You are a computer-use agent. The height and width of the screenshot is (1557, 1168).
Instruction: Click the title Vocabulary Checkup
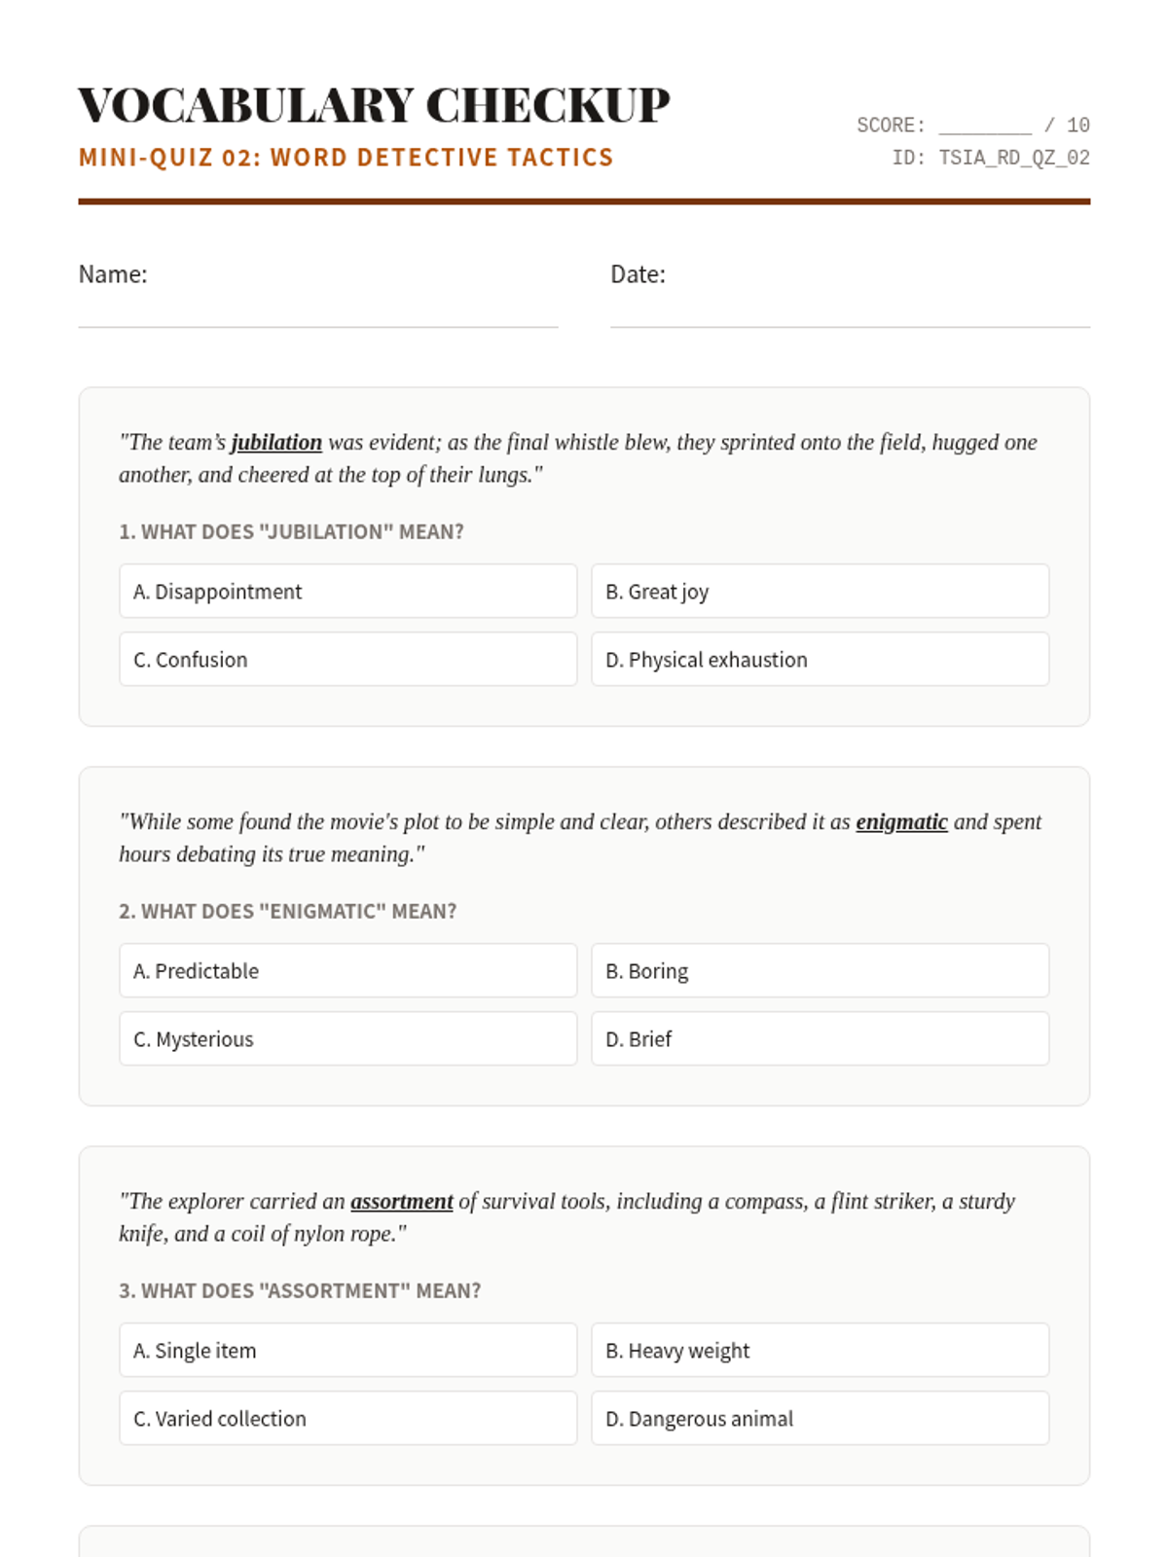pyautogui.click(x=374, y=105)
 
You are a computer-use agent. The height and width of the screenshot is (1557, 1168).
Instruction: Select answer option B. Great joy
pyautogui.click(x=820, y=591)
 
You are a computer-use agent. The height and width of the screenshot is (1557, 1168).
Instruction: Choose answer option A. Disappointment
pyautogui.click(x=347, y=591)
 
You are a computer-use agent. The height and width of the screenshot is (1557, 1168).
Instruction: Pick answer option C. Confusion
pyautogui.click(x=347, y=659)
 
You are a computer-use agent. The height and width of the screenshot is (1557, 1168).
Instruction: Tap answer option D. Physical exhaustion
pyautogui.click(x=820, y=659)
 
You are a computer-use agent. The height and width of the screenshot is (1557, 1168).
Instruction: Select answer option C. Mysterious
pyautogui.click(x=347, y=1038)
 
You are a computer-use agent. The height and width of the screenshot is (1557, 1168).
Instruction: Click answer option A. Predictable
pyautogui.click(x=347, y=970)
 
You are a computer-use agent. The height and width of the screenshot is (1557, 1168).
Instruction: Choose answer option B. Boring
pyautogui.click(x=820, y=970)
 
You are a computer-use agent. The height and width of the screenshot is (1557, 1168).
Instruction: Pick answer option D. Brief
pyautogui.click(x=820, y=1038)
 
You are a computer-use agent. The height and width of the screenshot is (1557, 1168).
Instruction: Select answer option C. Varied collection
pyautogui.click(x=347, y=1418)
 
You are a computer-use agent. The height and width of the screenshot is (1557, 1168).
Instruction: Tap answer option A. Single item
pyautogui.click(x=347, y=1350)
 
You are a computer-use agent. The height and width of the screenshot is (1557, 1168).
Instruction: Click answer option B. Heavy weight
pyautogui.click(x=820, y=1350)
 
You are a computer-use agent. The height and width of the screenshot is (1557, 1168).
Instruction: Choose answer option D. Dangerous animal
pyautogui.click(x=820, y=1418)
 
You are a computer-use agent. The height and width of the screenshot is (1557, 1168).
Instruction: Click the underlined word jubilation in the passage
pyautogui.click(x=276, y=442)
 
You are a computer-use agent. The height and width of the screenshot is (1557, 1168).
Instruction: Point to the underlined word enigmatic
pyautogui.click(x=901, y=821)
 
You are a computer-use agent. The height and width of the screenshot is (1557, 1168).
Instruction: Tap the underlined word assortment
pyautogui.click(x=402, y=1201)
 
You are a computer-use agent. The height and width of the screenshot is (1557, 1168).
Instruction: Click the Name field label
pyautogui.click(x=113, y=274)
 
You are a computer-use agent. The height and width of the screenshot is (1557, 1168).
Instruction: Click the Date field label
pyautogui.click(x=638, y=274)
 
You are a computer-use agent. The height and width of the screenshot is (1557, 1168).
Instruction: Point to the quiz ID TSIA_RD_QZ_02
pyautogui.click(x=1013, y=158)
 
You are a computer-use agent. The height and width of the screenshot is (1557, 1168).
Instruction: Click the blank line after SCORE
pyautogui.click(x=984, y=127)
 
